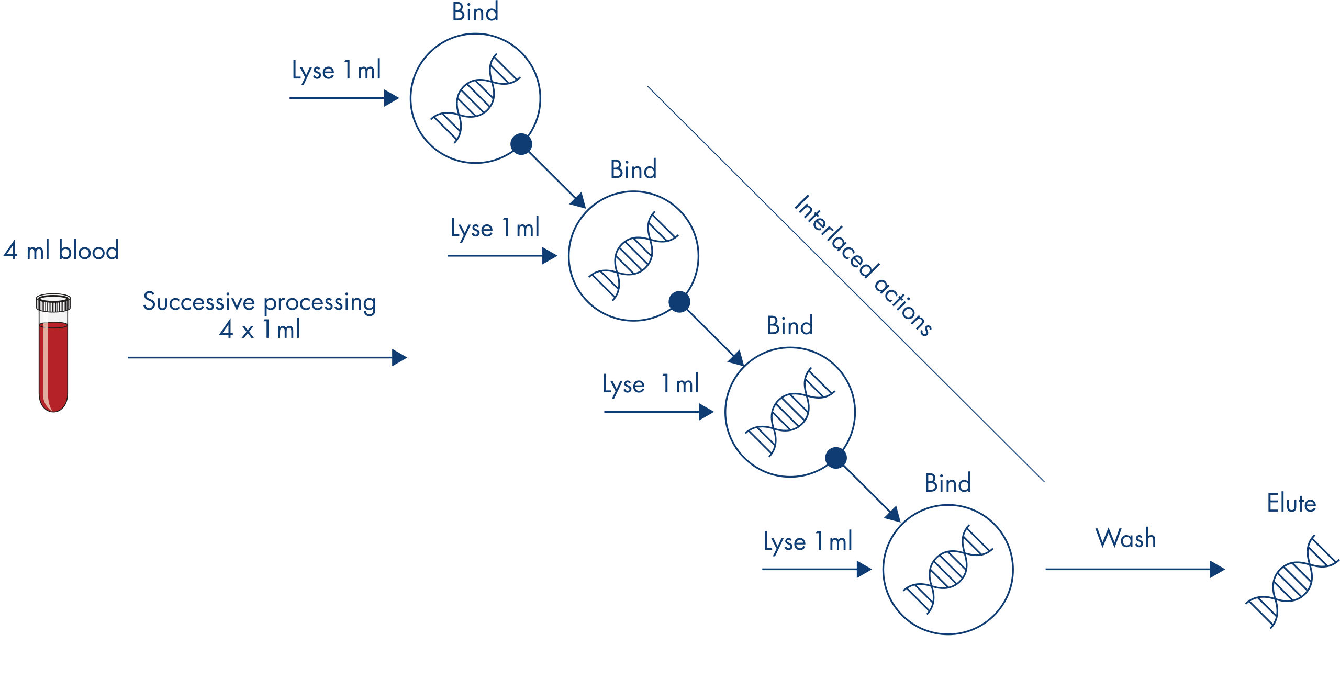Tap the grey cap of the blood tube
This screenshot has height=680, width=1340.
click(x=53, y=303)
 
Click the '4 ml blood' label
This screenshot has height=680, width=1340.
click(x=61, y=250)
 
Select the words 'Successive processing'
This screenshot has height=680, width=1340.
click(x=260, y=302)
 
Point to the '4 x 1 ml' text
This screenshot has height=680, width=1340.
click(x=260, y=330)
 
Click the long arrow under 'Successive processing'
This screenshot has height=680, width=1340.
click(x=267, y=357)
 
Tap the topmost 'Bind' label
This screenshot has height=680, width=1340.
click(x=475, y=12)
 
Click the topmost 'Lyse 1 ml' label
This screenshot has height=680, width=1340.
click(x=337, y=71)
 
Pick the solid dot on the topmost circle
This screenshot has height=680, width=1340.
click(x=521, y=144)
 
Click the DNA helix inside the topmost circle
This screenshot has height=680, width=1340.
click(x=475, y=98)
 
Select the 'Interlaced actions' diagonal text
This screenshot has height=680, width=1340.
click(x=862, y=265)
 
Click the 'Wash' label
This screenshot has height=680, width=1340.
click(x=1126, y=538)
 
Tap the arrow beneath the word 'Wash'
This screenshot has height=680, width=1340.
click(x=1135, y=569)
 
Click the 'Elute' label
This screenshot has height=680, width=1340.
click(x=1291, y=503)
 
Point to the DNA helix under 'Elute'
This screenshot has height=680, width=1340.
click(x=1292, y=581)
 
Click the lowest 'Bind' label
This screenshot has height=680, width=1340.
click(x=947, y=483)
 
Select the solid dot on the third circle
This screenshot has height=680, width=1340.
click(x=836, y=458)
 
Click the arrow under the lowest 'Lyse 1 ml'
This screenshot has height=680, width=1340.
click(x=817, y=569)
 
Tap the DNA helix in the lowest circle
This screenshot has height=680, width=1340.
click(x=948, y=569)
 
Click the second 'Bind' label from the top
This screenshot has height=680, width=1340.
click(x=633, y=169)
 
